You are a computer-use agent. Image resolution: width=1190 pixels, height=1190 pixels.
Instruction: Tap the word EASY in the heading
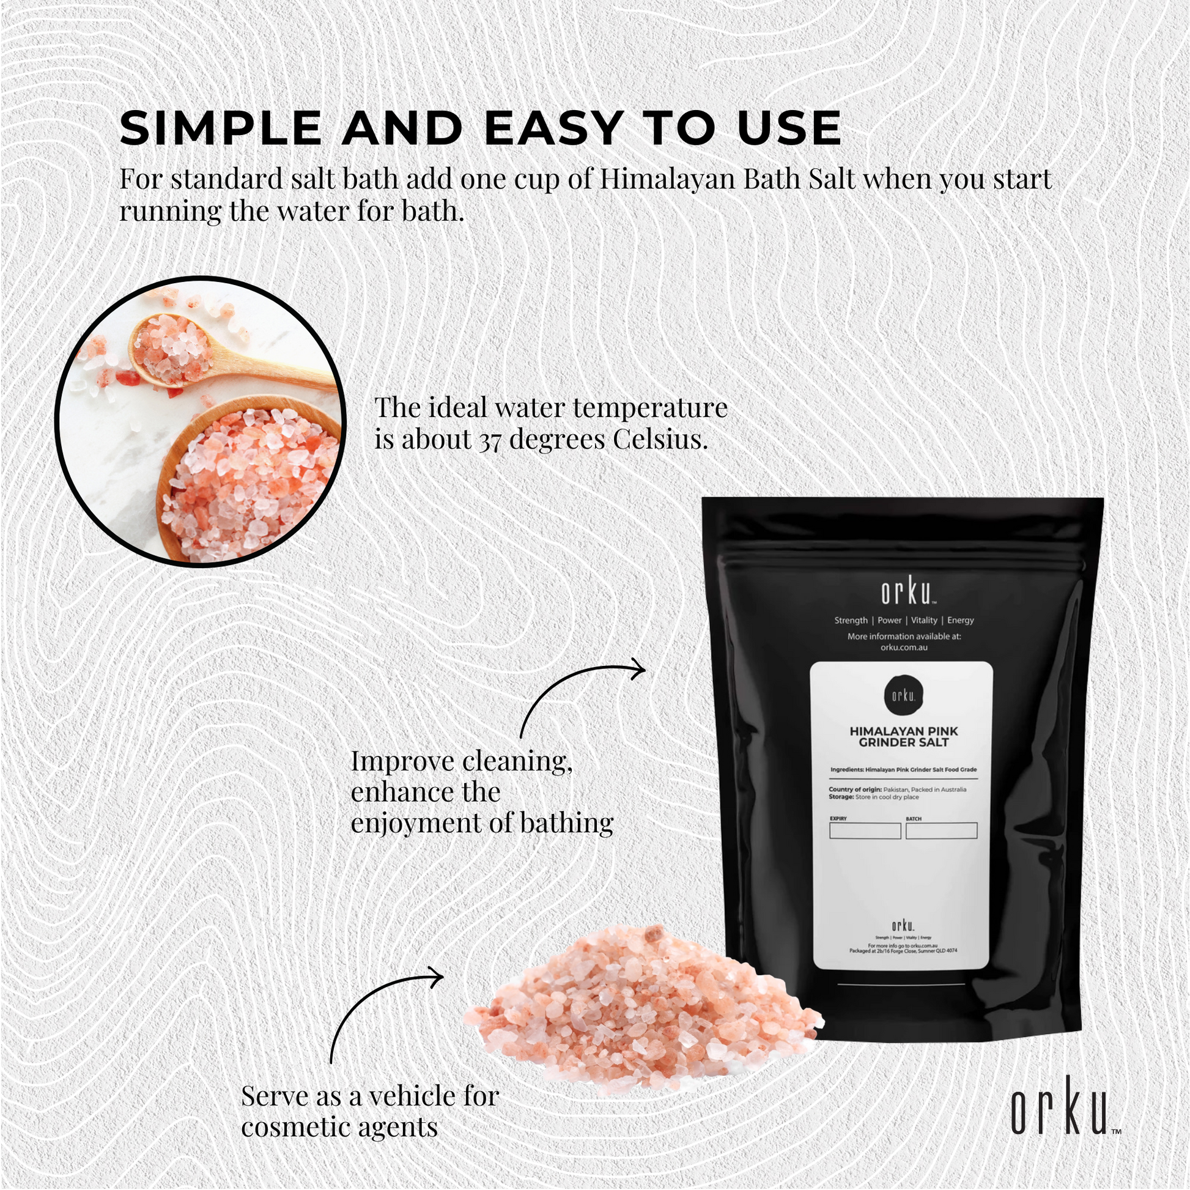pos(553,129)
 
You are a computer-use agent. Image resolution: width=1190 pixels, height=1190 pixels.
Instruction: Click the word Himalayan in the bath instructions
pos(668,179)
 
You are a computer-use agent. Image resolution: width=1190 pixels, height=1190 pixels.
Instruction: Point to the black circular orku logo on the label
pos(904,695)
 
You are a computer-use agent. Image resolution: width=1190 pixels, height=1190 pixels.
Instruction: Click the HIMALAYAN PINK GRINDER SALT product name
pos(904,737)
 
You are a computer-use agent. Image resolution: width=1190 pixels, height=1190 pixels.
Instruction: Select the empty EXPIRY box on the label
pos(865,831)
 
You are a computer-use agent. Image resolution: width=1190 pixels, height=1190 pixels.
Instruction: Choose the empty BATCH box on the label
pos(941,831)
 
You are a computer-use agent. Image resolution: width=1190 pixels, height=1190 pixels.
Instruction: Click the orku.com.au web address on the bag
pos(904,648)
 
